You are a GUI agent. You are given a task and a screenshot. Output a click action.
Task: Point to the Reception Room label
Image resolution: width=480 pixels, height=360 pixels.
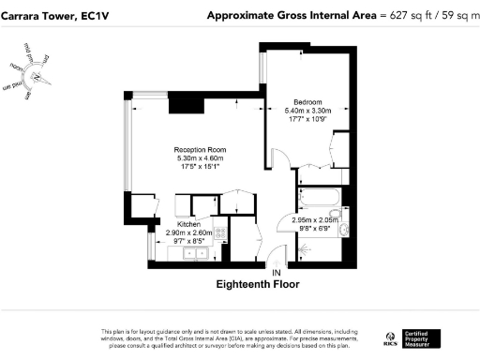click(x=201, y=149)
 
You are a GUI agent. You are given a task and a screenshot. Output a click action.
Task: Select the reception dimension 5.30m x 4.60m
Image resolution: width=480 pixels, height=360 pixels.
click(x=201, y=158)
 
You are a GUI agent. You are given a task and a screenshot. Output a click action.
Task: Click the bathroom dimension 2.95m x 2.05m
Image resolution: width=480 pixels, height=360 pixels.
click(x=314, y=219)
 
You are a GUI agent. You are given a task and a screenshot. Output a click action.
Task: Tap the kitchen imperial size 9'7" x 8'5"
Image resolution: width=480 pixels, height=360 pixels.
click(x=188, y=241)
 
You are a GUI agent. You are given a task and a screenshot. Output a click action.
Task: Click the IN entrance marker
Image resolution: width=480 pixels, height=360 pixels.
click(x=277, y=272)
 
